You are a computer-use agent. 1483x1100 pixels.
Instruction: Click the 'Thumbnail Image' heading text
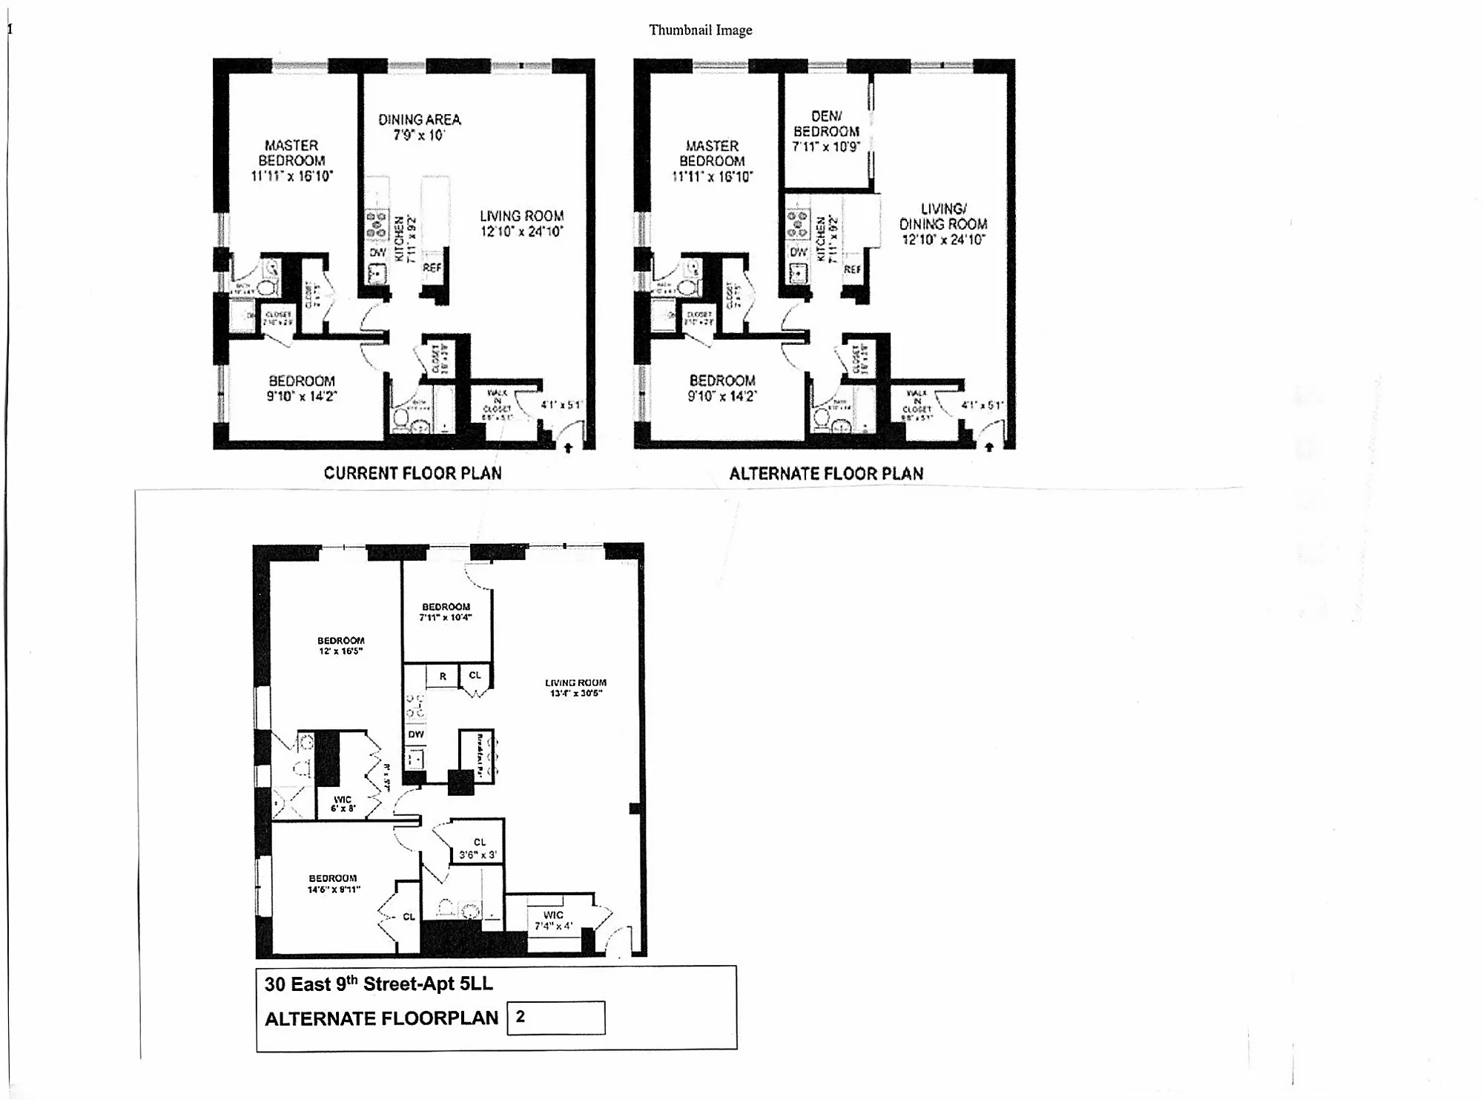(700, 30)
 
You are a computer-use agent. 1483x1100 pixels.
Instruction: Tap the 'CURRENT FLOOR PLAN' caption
(412, 473)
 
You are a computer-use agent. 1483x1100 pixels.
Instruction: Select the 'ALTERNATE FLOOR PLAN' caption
(826, 474)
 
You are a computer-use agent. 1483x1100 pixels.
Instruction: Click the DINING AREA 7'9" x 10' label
(419, 128)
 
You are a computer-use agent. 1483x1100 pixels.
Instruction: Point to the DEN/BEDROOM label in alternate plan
(826, 131)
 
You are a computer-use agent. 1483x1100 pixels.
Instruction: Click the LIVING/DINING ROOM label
(942, 224)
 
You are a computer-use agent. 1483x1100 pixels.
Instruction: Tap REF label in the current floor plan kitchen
(432, 268)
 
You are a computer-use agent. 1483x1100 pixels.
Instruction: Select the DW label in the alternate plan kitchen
(798, 252)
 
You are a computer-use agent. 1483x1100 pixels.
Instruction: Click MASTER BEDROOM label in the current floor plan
(291, 161)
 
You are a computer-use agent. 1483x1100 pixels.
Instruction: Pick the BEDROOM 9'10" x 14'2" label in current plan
(301, 389)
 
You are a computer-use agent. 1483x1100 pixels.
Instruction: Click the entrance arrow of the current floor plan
(568, 447)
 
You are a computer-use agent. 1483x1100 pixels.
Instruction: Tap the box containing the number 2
(555, 1017)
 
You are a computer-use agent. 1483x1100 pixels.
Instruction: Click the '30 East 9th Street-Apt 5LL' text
(378, 984)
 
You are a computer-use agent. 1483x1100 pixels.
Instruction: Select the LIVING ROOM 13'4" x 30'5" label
(575, 688)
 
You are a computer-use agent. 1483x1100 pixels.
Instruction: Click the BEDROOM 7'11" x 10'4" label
(446, 612)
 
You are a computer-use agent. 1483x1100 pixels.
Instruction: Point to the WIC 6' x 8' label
(343, 804)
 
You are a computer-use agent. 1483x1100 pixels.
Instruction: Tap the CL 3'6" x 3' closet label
(479, 849)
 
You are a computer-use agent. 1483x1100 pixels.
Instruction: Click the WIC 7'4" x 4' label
(553, 920)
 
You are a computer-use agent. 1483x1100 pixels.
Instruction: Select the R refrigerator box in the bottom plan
(443, 676)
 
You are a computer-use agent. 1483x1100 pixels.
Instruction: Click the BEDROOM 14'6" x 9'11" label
(333, 883)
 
